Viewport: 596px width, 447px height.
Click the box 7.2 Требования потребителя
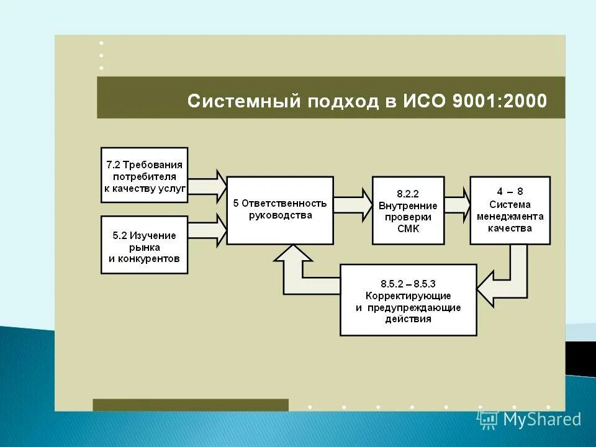coord(145,175)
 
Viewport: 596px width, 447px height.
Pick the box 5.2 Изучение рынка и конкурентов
coord(145,245)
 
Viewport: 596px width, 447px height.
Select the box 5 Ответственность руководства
coord(280,210)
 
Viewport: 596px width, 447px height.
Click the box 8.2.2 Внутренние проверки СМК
coord(408,210)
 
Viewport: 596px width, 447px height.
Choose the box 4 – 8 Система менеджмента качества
coord(510,210)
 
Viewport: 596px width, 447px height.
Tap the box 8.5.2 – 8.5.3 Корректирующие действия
coord(409,300)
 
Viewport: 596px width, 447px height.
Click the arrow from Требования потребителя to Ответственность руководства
coord(207,184)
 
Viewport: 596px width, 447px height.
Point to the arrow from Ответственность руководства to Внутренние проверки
coord(352,205)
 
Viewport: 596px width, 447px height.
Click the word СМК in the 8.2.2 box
coord(408,228)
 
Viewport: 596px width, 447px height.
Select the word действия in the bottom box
coord(408,319)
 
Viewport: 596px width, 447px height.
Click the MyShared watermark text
coord(542,420)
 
